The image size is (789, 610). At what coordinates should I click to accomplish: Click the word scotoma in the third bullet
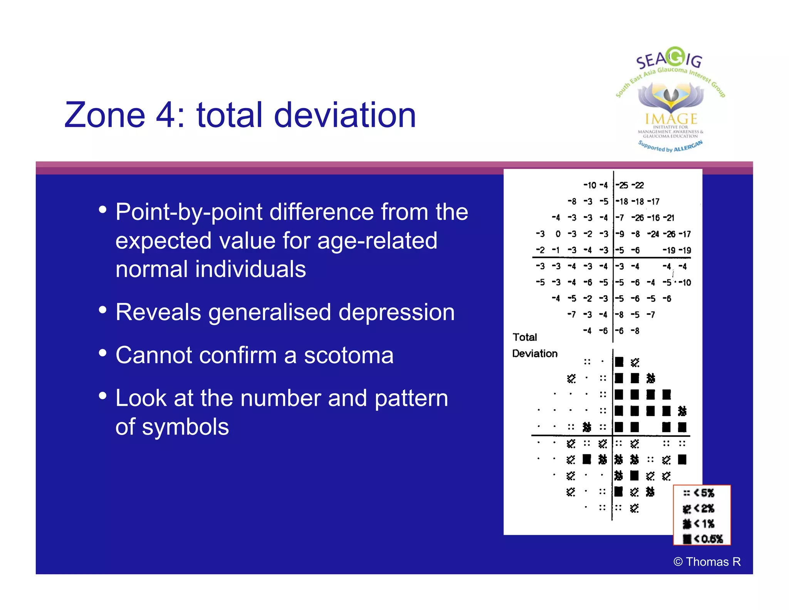point(349,355)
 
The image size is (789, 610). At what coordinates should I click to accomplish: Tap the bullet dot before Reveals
point(102,310)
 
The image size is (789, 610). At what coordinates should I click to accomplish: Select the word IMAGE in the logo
point(671,119)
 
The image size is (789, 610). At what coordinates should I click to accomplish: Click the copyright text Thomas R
point(707,562)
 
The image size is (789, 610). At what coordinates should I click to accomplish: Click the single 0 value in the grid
point(558,234)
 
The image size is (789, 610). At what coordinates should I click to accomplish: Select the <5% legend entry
point(699,493)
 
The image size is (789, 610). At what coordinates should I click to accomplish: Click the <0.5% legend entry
point(703,539)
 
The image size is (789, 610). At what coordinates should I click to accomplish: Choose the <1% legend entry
point(699,524)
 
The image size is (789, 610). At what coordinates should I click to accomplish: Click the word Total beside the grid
point(525,337)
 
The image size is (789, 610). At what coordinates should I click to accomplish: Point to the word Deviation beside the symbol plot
point(535,354)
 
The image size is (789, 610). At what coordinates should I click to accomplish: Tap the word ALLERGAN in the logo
point(688,147)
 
